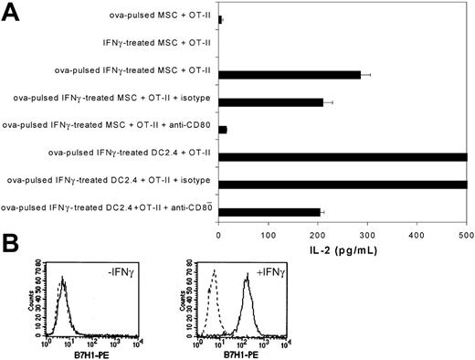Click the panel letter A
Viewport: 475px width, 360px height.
pos(12,13)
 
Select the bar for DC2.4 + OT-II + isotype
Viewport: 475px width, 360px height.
pos(343,185)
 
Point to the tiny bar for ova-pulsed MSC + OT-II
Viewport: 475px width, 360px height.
pos(220,18)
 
